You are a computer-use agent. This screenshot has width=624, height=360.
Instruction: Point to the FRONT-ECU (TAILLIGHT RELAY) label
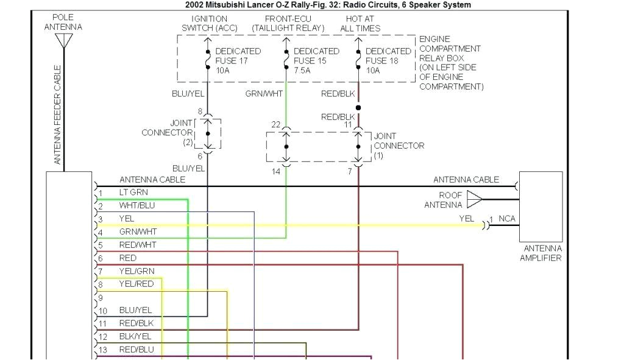pyautogui.click(x=288, y=23)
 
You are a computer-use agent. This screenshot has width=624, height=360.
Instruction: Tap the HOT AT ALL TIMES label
pyautogui.click(x=360, y=23)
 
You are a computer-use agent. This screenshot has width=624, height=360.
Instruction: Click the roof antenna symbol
pyautogui.click(x=474, y=199)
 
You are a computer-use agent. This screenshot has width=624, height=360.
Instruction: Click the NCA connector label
pyautogui.click(x=507, y=219)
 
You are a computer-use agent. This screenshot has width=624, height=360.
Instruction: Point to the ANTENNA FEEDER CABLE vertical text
pyautogui.click(x=58, y=115)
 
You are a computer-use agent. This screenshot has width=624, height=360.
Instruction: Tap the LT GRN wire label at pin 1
pyautogui.click(x=133, y=192)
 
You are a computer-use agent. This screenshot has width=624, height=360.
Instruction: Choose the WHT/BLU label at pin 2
pyautogui.click(x=136, y=205)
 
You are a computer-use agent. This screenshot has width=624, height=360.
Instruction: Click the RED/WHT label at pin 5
pyautogui.click(x=137, y=245)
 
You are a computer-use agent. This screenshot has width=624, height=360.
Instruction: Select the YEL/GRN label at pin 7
pyautogui.click(x=136, y=271)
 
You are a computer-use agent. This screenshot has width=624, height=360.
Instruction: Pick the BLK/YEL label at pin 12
pyautogui.click(x=136, y=336)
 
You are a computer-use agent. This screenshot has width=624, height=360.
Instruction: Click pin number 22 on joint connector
pyautogui.click(x=275, y=124)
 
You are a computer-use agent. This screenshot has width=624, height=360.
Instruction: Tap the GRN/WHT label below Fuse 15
pyautogui.click(x=264, y=94)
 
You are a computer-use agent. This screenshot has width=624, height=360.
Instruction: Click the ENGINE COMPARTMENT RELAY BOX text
pyautogui.click(x=451, y=63)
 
